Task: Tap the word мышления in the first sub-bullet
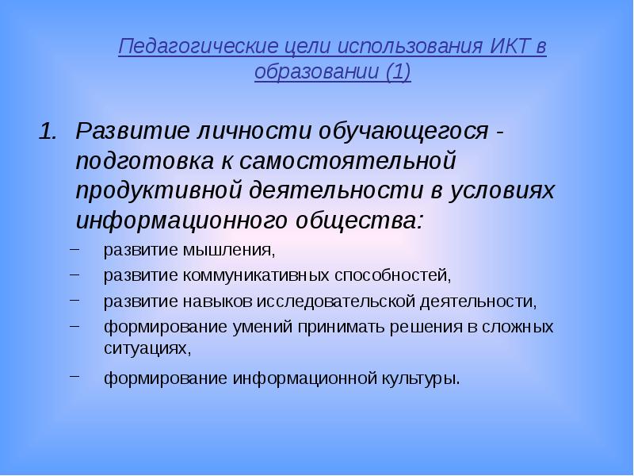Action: [230, 251]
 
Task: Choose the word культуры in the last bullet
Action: [419, 378]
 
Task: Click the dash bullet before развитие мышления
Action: [74, 250]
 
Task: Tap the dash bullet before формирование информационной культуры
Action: [74, 375]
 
